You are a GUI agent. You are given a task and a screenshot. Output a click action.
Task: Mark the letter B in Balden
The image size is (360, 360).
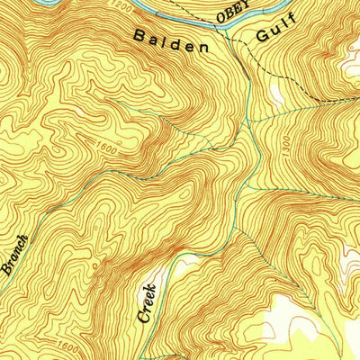[x=139, y=37]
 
